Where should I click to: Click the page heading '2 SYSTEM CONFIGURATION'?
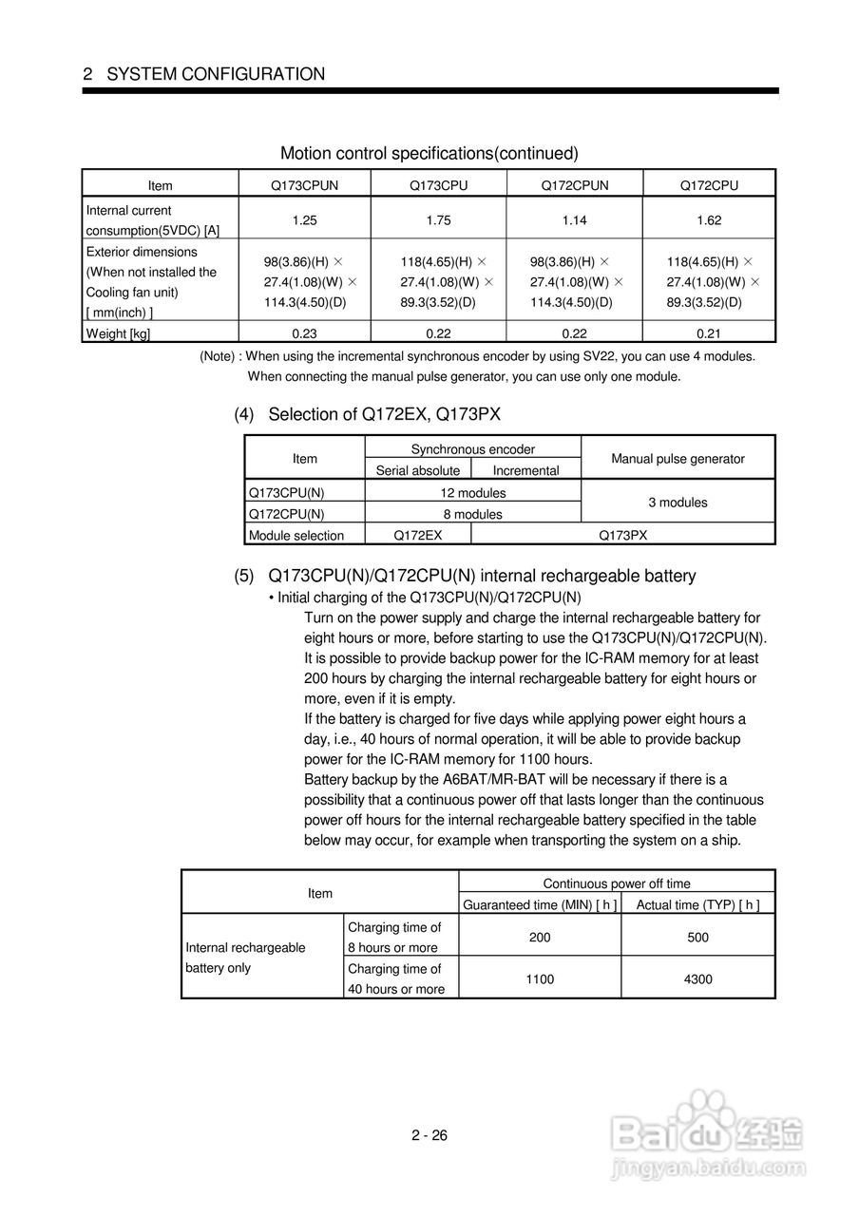pyautogui.click(x=203, y=74)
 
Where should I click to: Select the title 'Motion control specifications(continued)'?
pyautogui.click(x=429, y=153)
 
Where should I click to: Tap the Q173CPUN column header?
pyautogui.click(x=304, y=185)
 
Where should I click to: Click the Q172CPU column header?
pyautogui.click(x=709, y=185)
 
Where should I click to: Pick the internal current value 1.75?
pyautogui.click(x=438, y=219)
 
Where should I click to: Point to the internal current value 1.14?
pyautogui.click(x=574, y=219)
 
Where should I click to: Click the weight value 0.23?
pyautogui.click(x=304, y=332)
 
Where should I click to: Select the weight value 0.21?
pyautogui.click(x=709, y=332)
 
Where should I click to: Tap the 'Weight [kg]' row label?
pyautogui.click(x=119, y=332)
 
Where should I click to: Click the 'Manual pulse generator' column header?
pyautogui.click(x=678, y=459)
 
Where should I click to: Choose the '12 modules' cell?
pyautogui.click(x=473, y=493)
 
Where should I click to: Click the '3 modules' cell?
pyautogui.click(x=678, y=503)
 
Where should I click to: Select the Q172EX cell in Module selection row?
pyautogui.click(x=418, y=535)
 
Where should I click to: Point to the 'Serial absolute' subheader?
pyautogui.click(x=418, y=470)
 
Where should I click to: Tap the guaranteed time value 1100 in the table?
pyautogui.click(x=540, y=978)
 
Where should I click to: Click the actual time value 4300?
pyautogui.click(x=697, y=978)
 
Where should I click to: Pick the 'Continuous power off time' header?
pyautogui.click(x=617, y=883)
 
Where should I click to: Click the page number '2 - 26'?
pyautogui.click(x=429, y=1135)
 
